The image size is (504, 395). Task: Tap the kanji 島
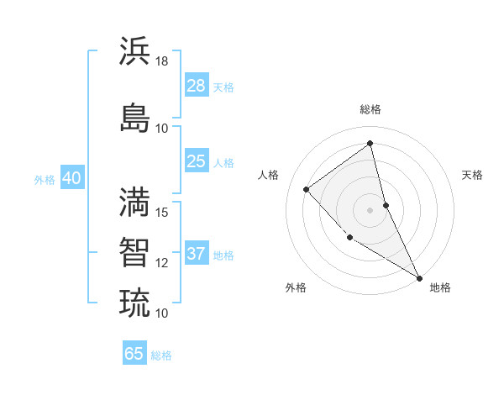tap(134, 117)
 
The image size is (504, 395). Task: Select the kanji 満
tap(134, 201)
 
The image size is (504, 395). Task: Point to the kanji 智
tap(134, 251)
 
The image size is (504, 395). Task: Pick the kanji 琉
tap(134, 302)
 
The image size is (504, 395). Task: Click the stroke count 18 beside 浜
tap(162, 61)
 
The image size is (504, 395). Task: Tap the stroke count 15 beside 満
tap(162, 213)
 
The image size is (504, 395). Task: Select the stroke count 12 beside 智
tap(162, 263)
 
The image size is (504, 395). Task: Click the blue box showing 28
tap(196, 86)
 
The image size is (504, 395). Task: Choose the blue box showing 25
tap(196, 161)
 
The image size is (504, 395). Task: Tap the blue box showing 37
tap(196, 254)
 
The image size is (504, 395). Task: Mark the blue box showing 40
tap(71, 178)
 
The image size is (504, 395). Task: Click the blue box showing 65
tap(134, 354)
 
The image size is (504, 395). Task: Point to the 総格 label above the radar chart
tap(370, 109)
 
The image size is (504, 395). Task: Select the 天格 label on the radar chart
tap(472, 175)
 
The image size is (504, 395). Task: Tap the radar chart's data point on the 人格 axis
tap(307, 189)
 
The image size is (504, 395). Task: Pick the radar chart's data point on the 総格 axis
tap(370, 144)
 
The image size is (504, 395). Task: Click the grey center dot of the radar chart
tap(370, 210)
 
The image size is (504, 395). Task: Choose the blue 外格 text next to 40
tap(45, 179)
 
